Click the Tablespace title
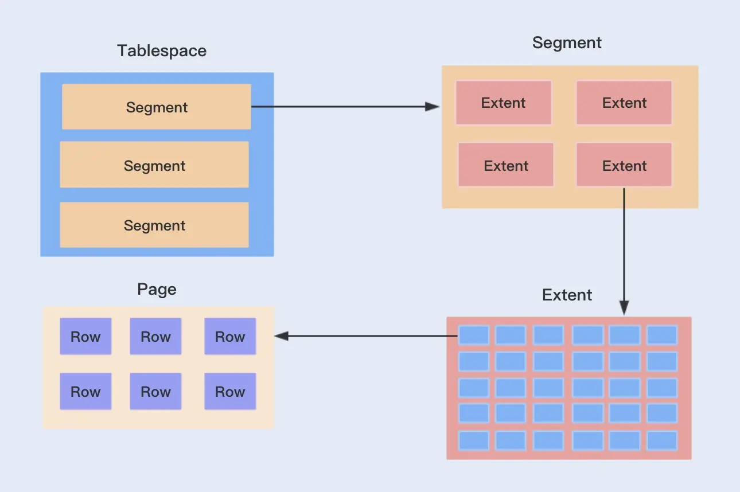point(162,50)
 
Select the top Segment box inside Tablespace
point(157,107)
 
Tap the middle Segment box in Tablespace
point(154,166)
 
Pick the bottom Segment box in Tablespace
point(154,225)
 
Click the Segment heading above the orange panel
point(567,42)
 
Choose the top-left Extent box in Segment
point(504,103)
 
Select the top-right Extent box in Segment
point(624,103)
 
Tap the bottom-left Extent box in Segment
point(506,166)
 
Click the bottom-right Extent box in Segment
point(624,166)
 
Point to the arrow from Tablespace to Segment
point(344,107)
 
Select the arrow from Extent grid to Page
point(367,336)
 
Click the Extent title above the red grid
point(567,295)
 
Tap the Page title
point(157,289)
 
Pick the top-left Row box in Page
point(85,337)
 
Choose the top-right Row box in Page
point(230,337)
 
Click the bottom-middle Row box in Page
point(155,392)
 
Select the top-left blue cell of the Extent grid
point(474,335)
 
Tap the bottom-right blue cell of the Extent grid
point(662,440)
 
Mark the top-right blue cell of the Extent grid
point(662,335)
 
